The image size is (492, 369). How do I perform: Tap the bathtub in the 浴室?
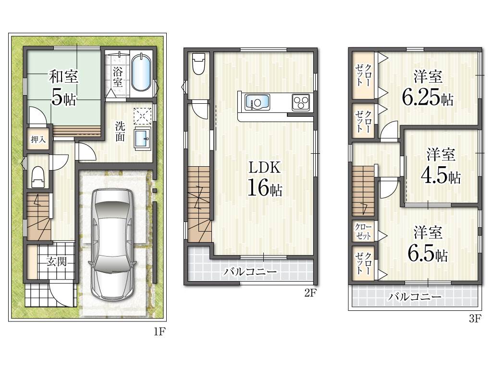pyautogui.click(x=141, y=73)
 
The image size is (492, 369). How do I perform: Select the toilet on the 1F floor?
pyautogui.click(x=38, y=177)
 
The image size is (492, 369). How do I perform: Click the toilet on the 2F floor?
pyautogui.click(x=198, y=63)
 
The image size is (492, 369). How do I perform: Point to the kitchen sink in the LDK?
pyautogui.click(x=258, y=102)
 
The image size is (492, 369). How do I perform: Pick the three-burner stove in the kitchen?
pyautogui.click(x=301, y=102)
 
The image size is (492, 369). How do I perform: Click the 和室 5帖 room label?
pyautogui.click(x=63, y=87)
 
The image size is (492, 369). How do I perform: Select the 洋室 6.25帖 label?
pyautogui.click(x=428, y=88)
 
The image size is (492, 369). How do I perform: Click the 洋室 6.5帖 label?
pyautogui.click(x=428, y=244)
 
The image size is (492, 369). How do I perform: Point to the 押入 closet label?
pyautogui.click(x=38, y=139)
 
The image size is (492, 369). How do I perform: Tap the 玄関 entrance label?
pyautogui.click(x=57, y=261)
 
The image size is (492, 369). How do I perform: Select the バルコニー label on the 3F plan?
pyautogui.click(x=415, y=296)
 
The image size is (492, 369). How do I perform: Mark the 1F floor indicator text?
pyautogui.click(x=160, y=332)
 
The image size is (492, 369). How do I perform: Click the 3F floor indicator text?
pyautogui.click(x=475, y=319)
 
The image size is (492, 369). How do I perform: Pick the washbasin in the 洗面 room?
pyautogui.click(x=143, y=138)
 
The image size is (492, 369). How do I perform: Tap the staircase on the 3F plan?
pyautogui.click(x=363, y=191)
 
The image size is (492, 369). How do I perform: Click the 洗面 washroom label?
pyautogui.click(x=120, y=132)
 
